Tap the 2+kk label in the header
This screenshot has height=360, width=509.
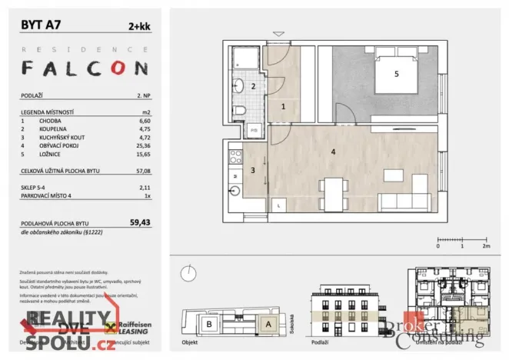click(138, 25)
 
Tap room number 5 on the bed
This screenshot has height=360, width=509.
click(396, 74)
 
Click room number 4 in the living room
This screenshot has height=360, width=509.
click(333, 152)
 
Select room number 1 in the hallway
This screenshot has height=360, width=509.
click(283, 107)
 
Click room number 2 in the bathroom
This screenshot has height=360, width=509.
click(253, 86)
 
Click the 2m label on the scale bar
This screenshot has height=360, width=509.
click(486, 246)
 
